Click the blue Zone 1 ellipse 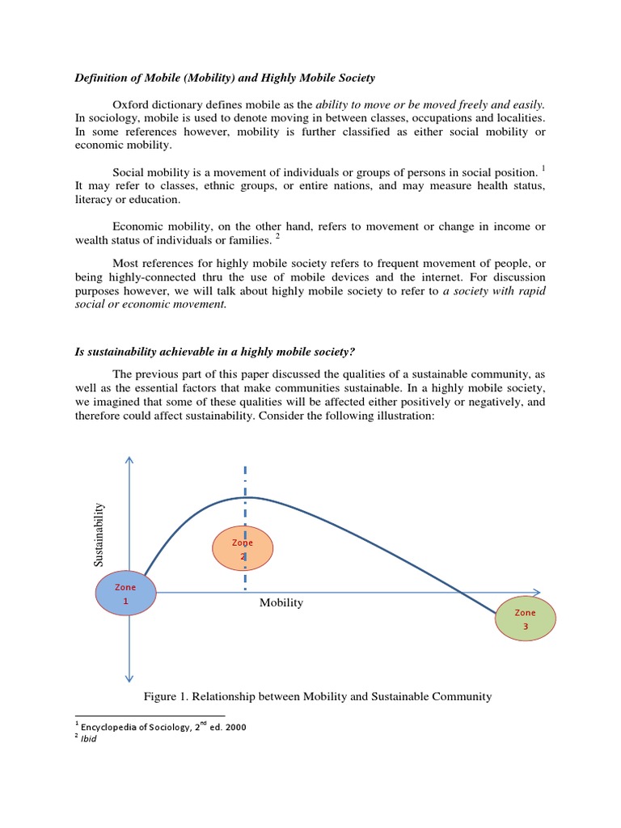(x=126, y=594)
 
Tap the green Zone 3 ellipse (x=526, y=619)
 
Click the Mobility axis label (x=281, y=603)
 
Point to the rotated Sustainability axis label (x=99, y=534)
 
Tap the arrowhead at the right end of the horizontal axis (x=537, y=593)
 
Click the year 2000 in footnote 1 (x=235, y=726)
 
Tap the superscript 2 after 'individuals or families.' (x=277, y=236)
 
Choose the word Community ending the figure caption (x=463, y=696)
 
